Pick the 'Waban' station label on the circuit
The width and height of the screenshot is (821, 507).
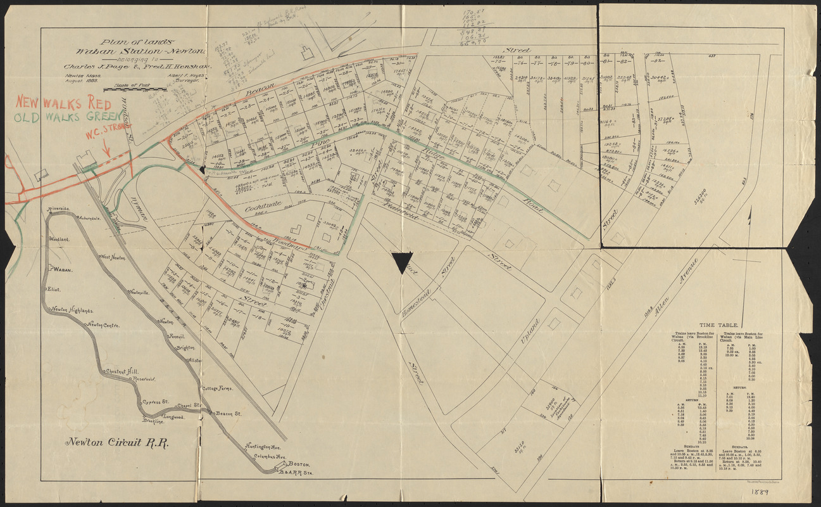tap(63, 269)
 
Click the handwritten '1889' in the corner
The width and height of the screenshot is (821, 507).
tap(760, 492)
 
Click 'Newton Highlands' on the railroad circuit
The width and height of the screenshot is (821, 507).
tap(72, 310)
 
